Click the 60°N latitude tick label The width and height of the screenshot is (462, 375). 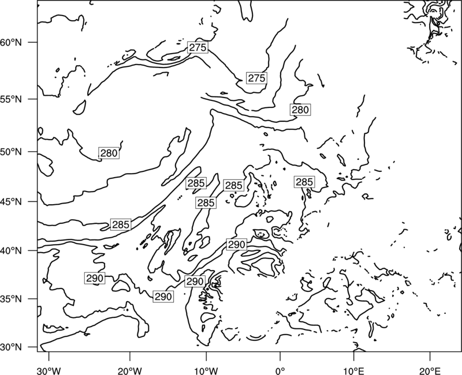(11, 42)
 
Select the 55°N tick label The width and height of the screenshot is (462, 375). (11, 99)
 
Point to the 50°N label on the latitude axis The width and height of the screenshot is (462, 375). (11, 152)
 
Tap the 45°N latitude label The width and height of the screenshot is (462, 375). (11, 201)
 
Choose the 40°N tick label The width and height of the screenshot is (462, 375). (11, 251)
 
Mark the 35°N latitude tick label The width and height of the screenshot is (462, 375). (11, 299)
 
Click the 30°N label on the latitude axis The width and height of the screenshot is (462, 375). (11, 347)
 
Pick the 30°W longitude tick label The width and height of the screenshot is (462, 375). (49, 371)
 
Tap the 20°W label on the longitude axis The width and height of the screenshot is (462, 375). (129, 371)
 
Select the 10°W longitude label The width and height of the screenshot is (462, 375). (206, 371)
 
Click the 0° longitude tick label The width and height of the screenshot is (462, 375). (280, 371)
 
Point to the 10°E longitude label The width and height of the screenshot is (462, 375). (353, 371)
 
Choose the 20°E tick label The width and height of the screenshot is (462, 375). (430, 371)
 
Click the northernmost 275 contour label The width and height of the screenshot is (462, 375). (198, 47)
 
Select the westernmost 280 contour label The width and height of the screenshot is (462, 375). (109, 153)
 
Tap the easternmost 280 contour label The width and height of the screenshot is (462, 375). (300, 110)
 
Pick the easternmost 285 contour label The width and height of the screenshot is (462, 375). (304, 182)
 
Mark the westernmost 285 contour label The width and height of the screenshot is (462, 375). (121, 224)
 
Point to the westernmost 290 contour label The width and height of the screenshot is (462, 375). (95, 278)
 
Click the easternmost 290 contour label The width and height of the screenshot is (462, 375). (237, 245)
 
